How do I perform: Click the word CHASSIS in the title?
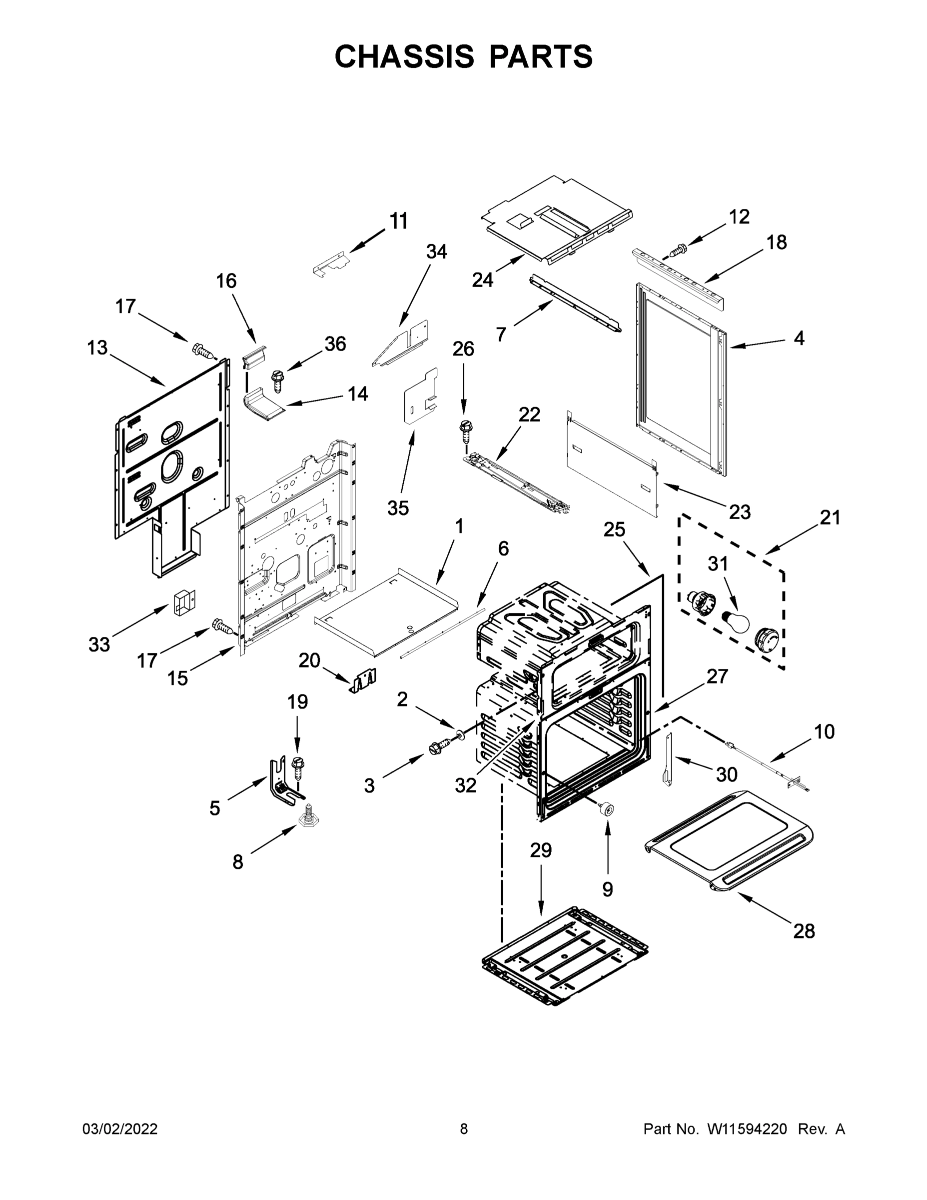[404, 56]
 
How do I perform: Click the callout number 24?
[483, 279]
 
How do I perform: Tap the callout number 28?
[804, 931]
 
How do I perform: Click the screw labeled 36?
[278, 380]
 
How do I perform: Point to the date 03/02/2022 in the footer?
[120, 1129]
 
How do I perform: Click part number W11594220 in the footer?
[747, 1129]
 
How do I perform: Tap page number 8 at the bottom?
[464, 1129]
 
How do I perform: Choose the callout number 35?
[398, 508]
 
